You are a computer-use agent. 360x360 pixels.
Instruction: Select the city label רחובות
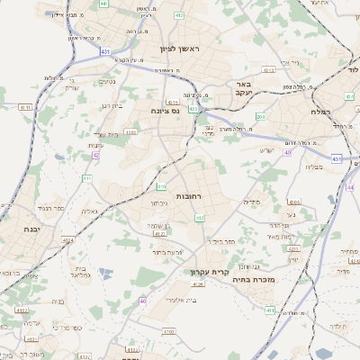tap(189, 195)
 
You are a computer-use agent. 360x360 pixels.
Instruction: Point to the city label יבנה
tap(36, 217)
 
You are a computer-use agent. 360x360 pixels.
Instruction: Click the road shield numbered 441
tap(104, 4)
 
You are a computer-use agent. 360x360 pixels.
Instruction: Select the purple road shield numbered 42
tap(95, 155)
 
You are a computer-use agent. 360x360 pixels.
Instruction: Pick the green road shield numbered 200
tap(260, 117)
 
